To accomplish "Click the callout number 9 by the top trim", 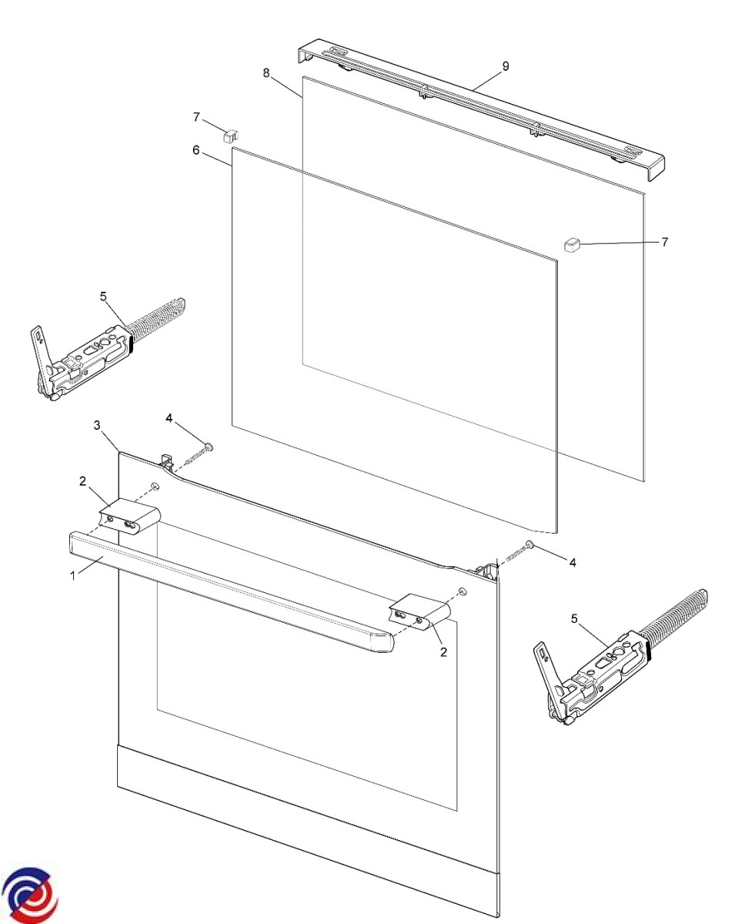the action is pos(506,66).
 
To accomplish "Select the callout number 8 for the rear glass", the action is pos(266,73).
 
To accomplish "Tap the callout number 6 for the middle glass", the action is pos(196,150).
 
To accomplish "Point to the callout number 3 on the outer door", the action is pos(97,425).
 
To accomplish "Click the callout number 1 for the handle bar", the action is pos(73,576).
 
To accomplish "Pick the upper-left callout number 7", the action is pos(196,117).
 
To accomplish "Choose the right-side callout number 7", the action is pos(665,242).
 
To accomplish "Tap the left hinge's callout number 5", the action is pos(103,296).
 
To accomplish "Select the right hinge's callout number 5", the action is pos(574,619).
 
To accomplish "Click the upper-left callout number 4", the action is pos(169,418).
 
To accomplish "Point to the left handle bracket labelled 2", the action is pos(129,521).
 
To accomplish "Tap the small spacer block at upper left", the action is pos(230,136).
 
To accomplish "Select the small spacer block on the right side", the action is pos(571,246).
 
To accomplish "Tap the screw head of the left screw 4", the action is pos(209,447).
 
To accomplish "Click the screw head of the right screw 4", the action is pos(530,544).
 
